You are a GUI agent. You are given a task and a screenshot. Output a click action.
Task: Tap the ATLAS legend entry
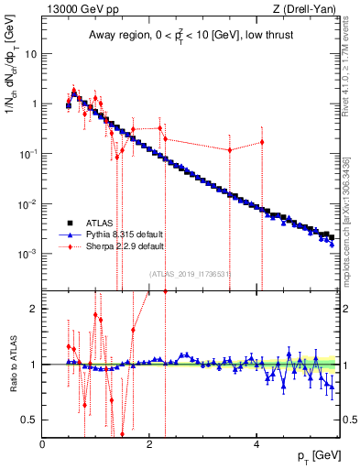click(x=99, y=223)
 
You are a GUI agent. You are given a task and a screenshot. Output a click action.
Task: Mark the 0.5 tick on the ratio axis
click(x=30, y=420)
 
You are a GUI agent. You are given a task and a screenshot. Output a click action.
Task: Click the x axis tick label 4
click(x=256, y=445)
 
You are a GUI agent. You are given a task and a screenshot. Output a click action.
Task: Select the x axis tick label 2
click(x=150, y=445)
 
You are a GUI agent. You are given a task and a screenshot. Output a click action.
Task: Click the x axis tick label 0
click(x=43, y=445)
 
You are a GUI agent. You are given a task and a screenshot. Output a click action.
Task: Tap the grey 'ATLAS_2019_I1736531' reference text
click(x=190, y=273)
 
